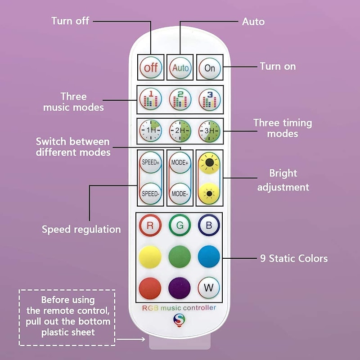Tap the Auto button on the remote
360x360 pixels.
tap(180, 68)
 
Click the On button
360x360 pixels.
tap(210, 68)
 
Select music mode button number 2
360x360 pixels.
tap(180, 99)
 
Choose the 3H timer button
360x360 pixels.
tap(210, 131)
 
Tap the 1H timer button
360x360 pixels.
tap(150, 131)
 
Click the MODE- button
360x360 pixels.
tap(180, 193)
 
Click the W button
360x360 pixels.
tap(209, 287)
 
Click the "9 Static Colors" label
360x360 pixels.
tap(294, 258)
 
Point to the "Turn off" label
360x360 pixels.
tap(70, 21)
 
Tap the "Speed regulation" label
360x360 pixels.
tap(81, 229)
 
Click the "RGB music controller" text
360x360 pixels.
tap(179, 308)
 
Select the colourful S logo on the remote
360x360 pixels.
tap(179, 320)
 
